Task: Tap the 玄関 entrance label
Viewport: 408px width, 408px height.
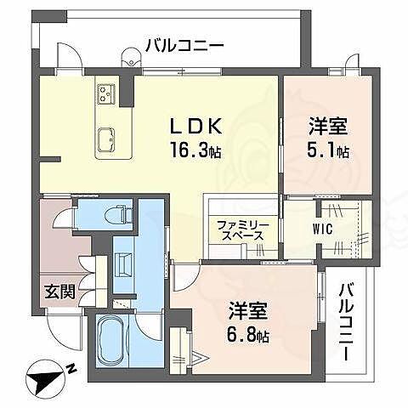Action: coord(59,292)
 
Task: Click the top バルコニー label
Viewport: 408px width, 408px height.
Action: coord(184,45)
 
